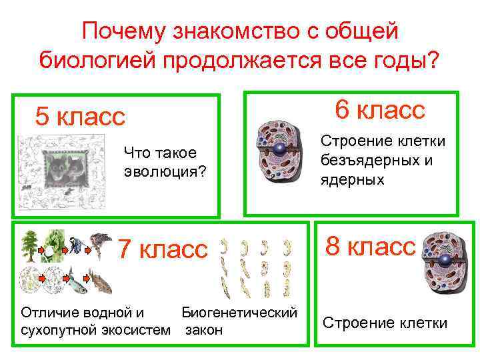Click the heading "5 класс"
click(x=80, y=117)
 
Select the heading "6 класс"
click(x=380, y=109)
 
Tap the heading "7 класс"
click(x=163, y=249)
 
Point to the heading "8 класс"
click(x=370, y=247)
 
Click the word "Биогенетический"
click(x=239, y=312)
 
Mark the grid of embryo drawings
click(x=257, y=267)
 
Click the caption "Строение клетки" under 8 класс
click(x=385, y=323)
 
